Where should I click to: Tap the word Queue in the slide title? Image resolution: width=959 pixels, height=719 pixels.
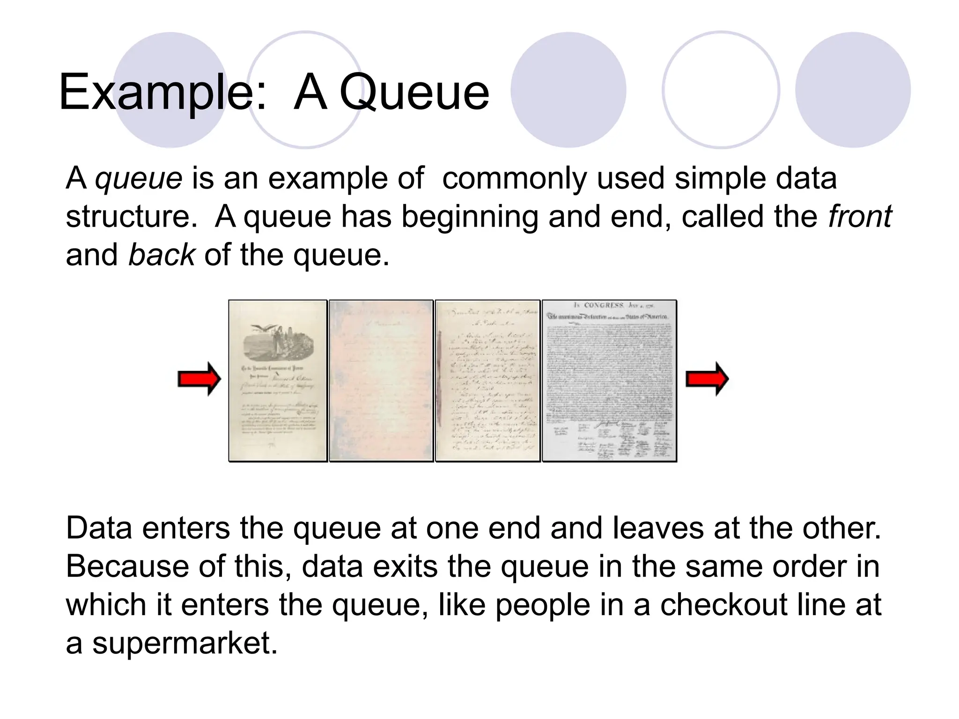point(414,92)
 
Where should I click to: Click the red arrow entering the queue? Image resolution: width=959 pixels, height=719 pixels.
point(199,379)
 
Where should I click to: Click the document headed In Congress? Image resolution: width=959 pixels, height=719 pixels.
point(609,381)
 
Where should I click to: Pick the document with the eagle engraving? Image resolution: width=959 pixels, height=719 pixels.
point(278,381)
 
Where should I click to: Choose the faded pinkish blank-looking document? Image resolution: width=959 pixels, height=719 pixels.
point(381,381)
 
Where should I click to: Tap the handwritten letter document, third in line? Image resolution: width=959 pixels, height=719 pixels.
point(487,381)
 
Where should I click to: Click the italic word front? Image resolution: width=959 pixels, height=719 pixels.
point(860,216)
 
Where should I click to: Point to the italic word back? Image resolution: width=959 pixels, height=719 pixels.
point(162,255)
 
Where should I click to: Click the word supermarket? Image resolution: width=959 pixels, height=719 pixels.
point(182,643)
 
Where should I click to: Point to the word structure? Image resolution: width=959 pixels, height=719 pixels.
point(131,217)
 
